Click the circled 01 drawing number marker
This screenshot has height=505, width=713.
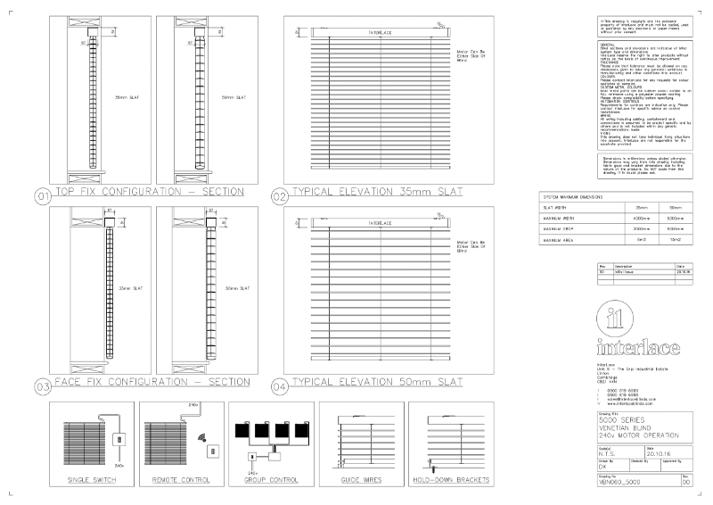pos(41,195)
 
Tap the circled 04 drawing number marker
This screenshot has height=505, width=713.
pos(279,386)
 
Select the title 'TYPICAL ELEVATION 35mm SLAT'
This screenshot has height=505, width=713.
pos(377,192)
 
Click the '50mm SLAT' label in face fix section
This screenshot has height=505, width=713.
pos(236,288)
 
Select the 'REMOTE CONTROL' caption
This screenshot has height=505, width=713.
pos(182,480)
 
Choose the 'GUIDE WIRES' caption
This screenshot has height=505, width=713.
pos(361,480)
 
